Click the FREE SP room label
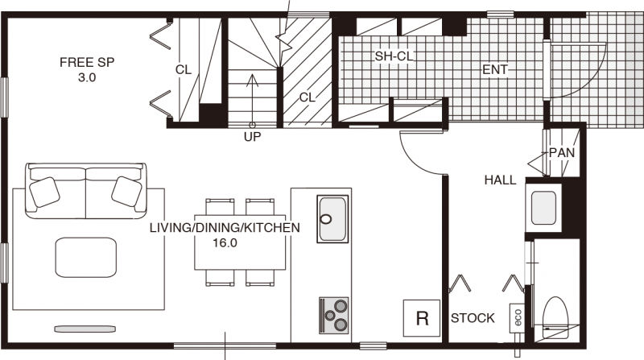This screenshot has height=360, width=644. point(87,63)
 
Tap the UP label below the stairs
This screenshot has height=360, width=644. point(252,137)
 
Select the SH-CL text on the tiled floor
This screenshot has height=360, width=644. point(394,56)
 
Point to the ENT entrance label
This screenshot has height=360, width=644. point(495,70)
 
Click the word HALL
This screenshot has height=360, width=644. point(500,180)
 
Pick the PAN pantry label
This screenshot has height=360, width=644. point(562,153)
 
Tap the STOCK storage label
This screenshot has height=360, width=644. point(473,318)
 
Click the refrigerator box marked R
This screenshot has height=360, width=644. point(422,318)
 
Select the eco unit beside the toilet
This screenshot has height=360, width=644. point(517,318)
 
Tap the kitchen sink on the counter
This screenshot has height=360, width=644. point(332,218)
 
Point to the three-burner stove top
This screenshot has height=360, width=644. point(334,315)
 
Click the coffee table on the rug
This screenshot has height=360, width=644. point(86,257)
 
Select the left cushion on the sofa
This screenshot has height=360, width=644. point(45,192)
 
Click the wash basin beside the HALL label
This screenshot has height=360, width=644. point(544,208)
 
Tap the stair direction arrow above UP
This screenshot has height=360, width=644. point(252,100)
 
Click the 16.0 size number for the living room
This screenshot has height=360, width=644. point(225,243)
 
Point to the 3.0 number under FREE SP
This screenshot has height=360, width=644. point(87,77)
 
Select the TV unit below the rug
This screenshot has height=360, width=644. point(85,329)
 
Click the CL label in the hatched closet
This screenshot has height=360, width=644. point(308,97)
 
